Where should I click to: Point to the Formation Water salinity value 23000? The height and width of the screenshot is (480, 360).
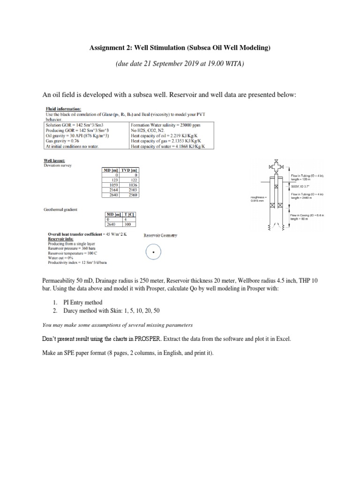[x=186, y=126]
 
